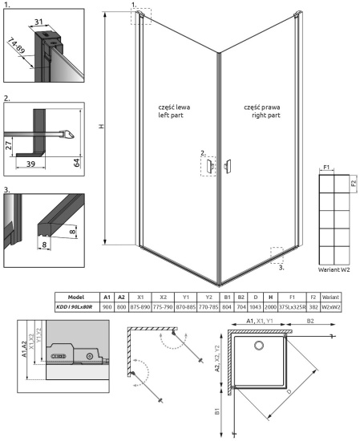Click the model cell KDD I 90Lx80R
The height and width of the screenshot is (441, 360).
coord(75,306)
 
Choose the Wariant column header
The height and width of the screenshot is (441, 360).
coord(331,297)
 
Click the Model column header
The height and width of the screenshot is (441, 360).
coord(75,297)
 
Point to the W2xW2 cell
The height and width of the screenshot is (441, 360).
coord(331,306)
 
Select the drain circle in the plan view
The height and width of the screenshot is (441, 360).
coord(259,346)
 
